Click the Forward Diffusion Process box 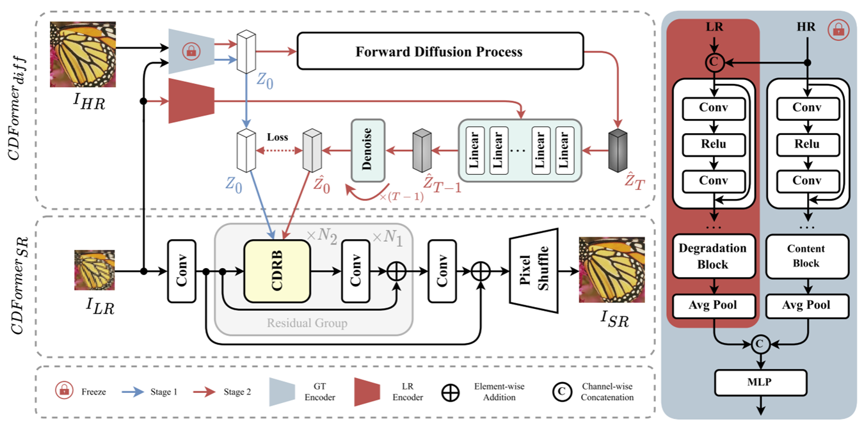440,51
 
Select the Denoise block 367,149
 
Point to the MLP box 759,384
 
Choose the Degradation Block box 713,255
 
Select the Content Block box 806,255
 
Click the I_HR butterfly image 83,55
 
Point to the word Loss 277,137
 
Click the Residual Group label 307,323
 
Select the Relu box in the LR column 713,144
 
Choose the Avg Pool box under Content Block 806,305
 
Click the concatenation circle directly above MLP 760,344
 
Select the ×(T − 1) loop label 401,196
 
